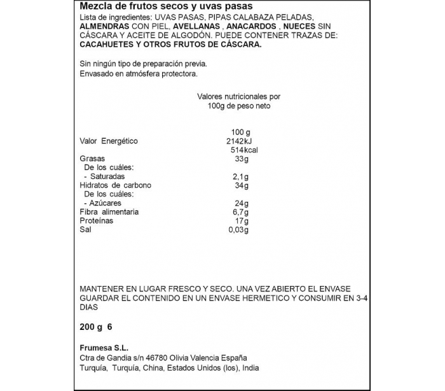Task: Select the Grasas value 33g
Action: [x=240, y=159]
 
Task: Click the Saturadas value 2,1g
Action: [x=240, y=176]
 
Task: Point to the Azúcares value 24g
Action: [x=240, y=203]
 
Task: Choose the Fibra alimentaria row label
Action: [x=109, y=212]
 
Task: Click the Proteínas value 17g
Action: [x=240, y=221]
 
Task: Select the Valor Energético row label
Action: [x=109, y=141]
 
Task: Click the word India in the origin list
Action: [x=250, y=368]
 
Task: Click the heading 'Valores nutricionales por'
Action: [x=239, y=96]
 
